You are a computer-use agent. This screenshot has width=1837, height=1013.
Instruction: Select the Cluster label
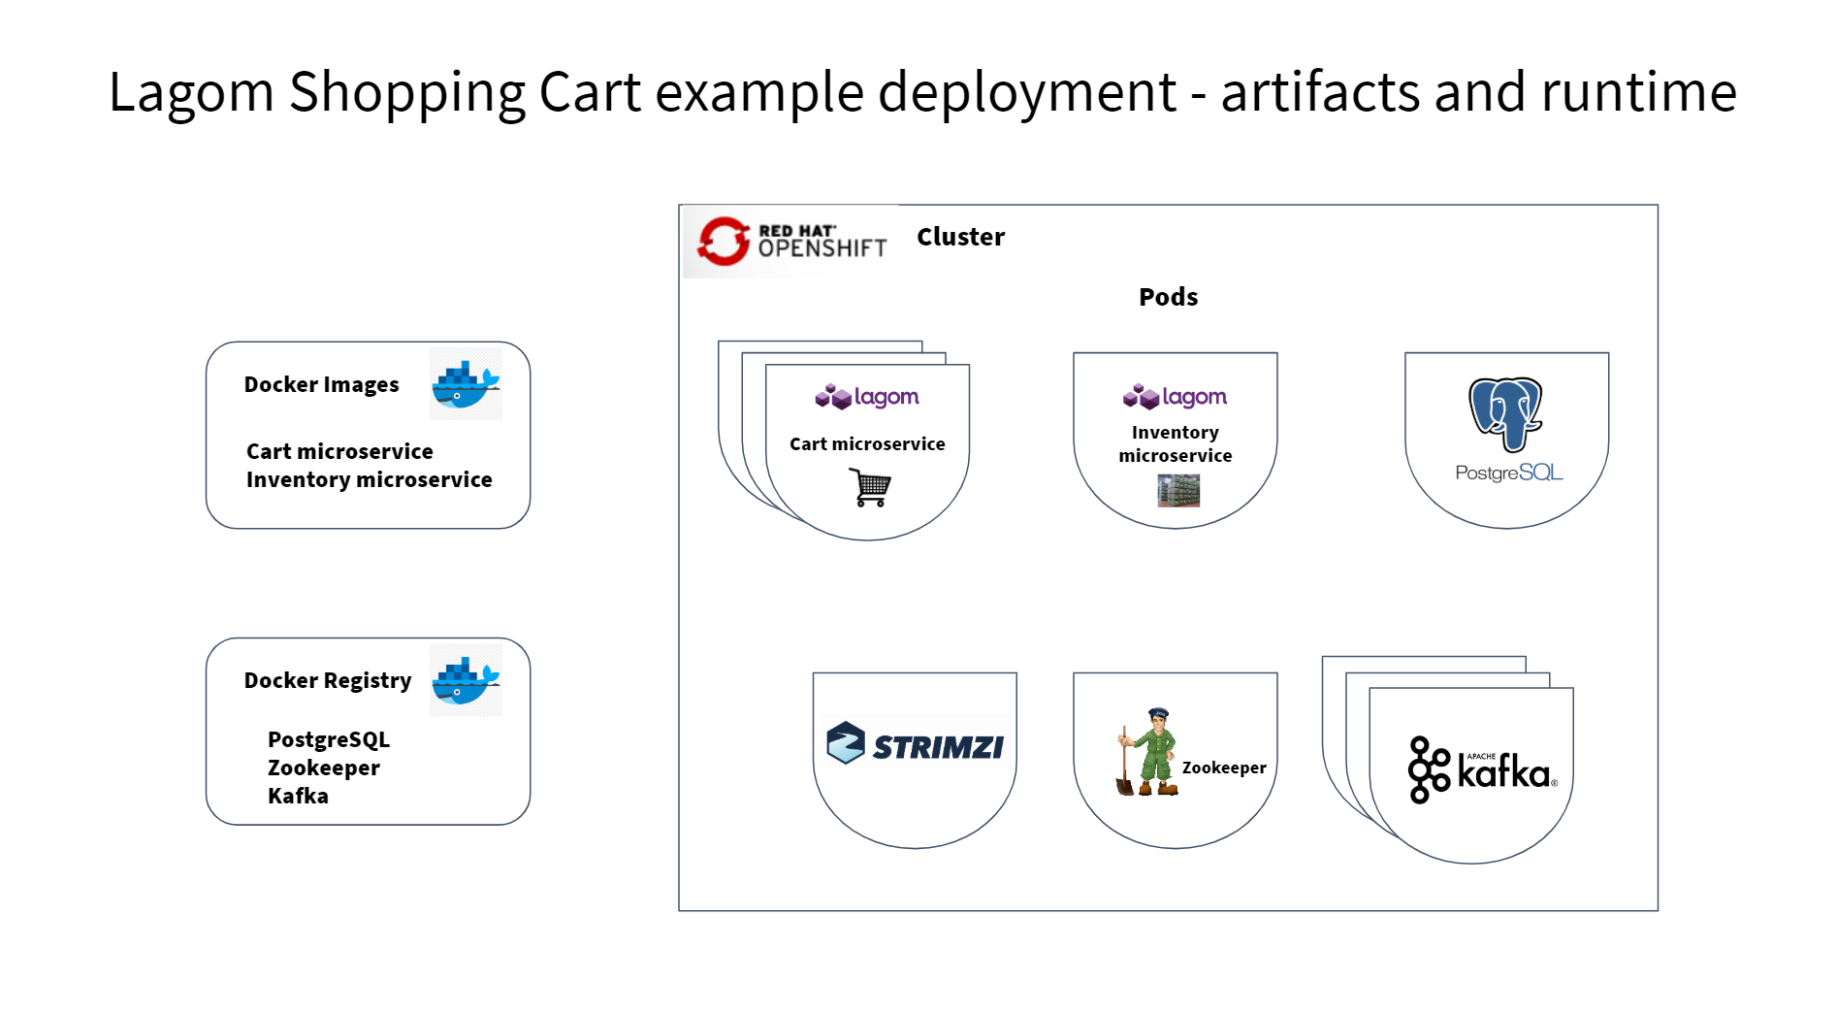click(960, 237)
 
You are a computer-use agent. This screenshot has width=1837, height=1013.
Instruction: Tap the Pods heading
click(1168, 297)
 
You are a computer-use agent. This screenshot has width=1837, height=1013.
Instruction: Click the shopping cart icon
click(870, 487)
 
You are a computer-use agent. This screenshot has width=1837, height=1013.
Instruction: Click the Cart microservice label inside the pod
click(867, 444)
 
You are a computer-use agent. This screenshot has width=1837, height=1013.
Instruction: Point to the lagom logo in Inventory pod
click(1175, 397)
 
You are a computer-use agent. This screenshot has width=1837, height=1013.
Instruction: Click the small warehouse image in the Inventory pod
click(1177, 491)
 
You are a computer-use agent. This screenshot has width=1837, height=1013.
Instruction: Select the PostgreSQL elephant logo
click(1505, 414)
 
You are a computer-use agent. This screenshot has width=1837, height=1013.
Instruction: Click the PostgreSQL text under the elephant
click(1508, 473)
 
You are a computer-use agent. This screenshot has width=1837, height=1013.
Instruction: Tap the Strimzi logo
click(915, 744)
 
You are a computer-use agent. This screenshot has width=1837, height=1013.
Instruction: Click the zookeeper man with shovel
click(1148, 753)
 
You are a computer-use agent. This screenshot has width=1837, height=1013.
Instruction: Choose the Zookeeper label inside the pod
click(1223, 768)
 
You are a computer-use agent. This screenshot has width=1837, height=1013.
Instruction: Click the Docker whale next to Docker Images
click(466, 385)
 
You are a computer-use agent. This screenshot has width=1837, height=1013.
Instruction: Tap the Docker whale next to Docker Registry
click(466, 680)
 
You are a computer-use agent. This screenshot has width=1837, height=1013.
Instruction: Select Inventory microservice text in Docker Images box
click(369, 479)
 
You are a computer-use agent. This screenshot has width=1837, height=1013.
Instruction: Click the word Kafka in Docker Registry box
click(298, 796)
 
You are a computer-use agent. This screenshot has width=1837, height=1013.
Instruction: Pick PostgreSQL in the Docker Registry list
click(328, 739)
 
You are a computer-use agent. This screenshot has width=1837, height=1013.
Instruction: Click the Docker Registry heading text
click(328, 680)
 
